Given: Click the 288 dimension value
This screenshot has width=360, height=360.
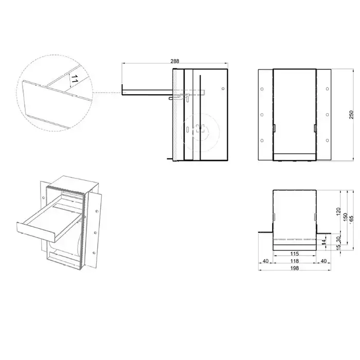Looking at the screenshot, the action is pos(175,61).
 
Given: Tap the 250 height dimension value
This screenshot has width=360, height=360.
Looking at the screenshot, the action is pos(351,115).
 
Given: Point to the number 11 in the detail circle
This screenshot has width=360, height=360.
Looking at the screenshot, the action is pos(74,79).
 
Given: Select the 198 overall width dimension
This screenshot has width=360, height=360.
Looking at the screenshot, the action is pos(294,268).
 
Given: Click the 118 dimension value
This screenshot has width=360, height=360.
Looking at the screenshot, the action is pos(294,261).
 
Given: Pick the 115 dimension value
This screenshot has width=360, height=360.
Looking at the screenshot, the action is pos(294,254).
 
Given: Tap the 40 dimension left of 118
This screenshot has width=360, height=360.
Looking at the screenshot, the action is pos(265,261).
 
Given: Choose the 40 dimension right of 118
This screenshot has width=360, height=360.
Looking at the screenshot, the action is pos(323,261).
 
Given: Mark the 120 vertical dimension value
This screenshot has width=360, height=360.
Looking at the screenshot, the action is pos(338,211).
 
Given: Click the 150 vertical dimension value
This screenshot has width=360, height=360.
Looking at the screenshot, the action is pos(345,217).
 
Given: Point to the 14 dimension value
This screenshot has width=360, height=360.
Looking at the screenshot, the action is pos(323,242).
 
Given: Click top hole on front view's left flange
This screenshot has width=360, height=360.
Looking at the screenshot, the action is pos(262,89).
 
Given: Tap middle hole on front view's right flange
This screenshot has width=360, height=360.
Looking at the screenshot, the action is pos(328,115).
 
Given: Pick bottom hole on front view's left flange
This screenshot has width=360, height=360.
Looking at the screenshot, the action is pos(262,140).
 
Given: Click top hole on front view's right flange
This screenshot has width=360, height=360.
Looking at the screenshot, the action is pos(328,89).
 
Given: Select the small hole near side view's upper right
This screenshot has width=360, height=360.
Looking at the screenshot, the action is pos(223,88).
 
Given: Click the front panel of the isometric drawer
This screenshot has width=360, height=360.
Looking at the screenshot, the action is pos(35,232).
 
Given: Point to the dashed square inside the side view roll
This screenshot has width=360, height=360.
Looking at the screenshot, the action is pos(200,128).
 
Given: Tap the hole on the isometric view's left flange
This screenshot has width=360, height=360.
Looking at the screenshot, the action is pos(44,197).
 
